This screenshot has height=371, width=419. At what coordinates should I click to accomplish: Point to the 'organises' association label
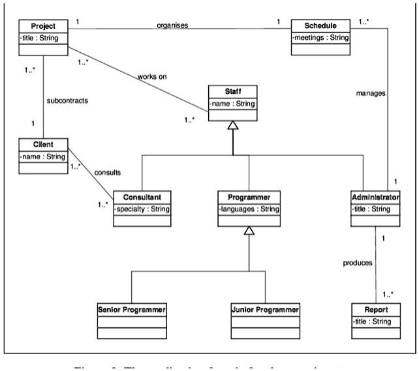click(172, 25)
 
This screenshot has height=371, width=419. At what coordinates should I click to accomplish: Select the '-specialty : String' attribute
click(142, 209)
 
